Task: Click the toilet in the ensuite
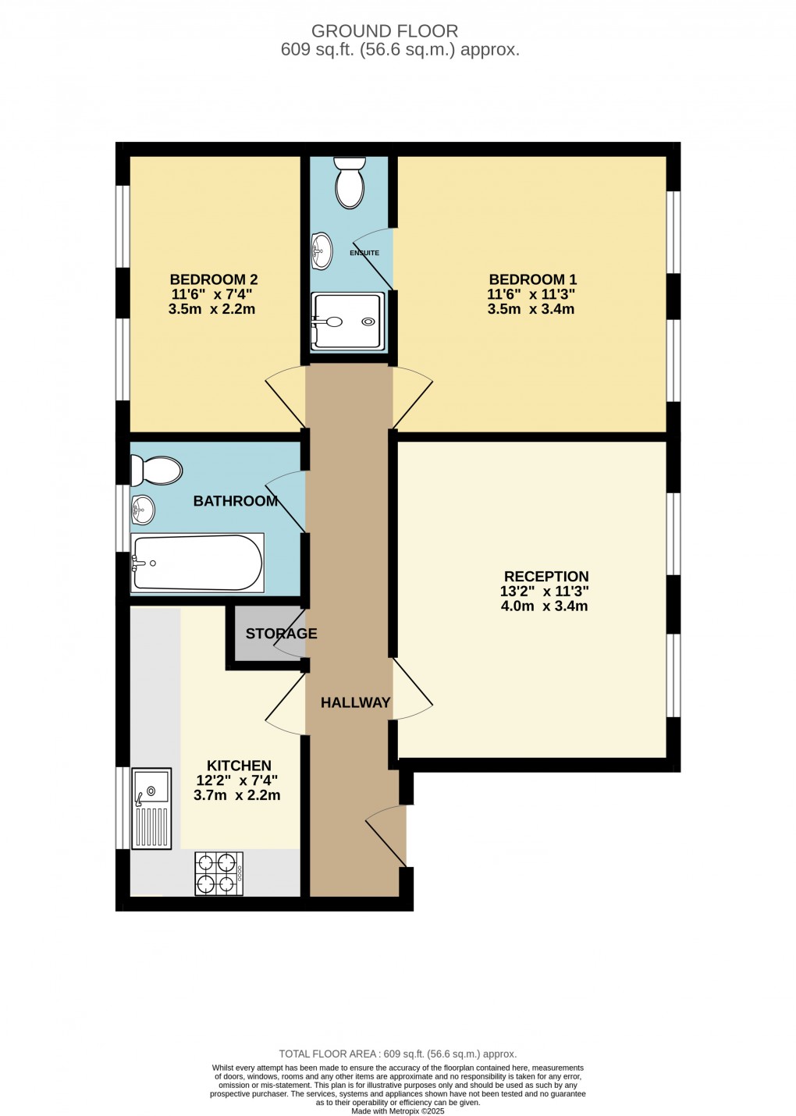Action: pyautogui.click(x=349, y=182)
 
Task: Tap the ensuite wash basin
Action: pyautogui.click(x=322, y=251)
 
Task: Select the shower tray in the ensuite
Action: pyautogui.click(x=348, y=322)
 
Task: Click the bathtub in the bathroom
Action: pyautogui.click(x=197, y=563)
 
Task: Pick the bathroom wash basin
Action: pyautogui.click(x=143, y=509)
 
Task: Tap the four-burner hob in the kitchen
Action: pyautogui.click(x=219, y=873)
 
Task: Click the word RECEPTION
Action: pyautogui.click(x=546, y=577)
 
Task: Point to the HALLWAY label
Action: pyautogui.click(x=355, y=702)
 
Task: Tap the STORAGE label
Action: pyautogui.click(x=281, y=633)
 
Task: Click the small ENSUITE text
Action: pyautogui.click(x=364, y=253)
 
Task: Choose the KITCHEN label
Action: pyautogui.click(x=239, y=766)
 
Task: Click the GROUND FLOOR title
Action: pyautogui.click(x=385, y=31)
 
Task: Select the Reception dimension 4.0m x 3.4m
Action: pyautogui.click(x=544, y=606)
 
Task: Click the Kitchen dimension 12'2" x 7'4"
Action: pyautogui.click(x=237, y=780)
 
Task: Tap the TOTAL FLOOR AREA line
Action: pyautogui.click(x=397, y=1054)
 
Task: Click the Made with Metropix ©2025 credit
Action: pyautogui.click(x=397, y=1111)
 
